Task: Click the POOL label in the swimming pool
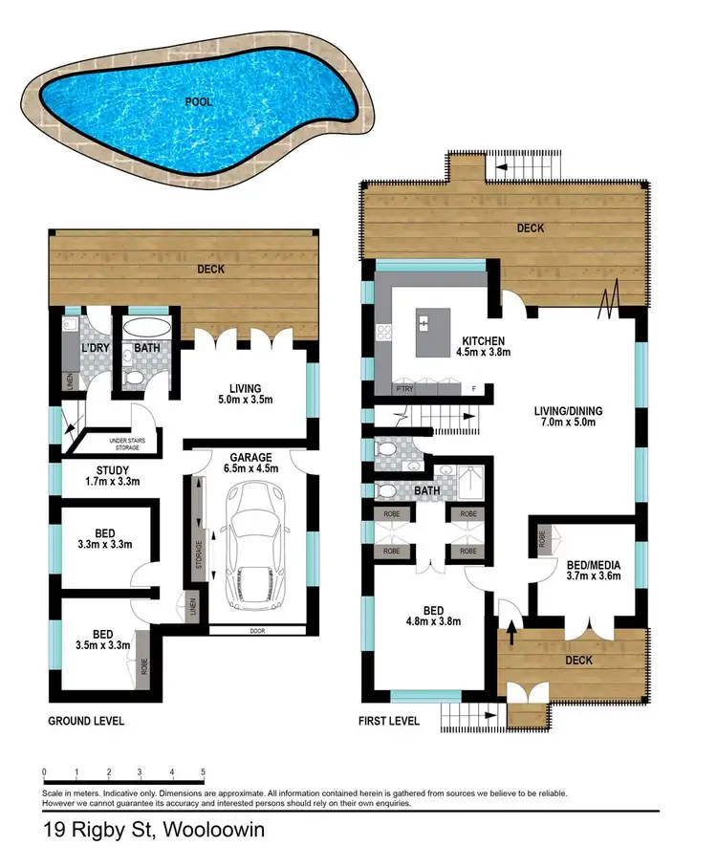coord(200,100)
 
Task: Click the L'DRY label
coord(94,348)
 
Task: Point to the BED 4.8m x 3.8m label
coord(433,615)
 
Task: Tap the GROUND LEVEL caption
coord(86,721)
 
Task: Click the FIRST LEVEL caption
coord(388,721)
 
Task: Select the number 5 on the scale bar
coord(203,771)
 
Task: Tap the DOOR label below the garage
coord(255,631)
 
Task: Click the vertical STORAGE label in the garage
coord(200,554)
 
